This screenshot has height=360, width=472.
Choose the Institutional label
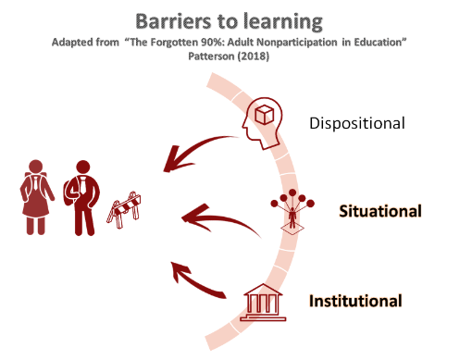(x=355, y=301)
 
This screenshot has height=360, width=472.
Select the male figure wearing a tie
(x=82, y=196)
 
